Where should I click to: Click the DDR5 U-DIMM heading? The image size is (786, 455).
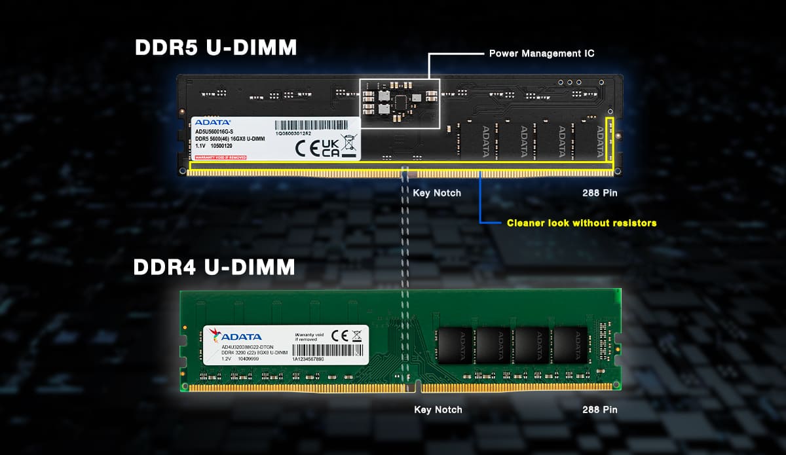point(215,48)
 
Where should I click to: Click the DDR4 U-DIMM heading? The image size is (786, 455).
point(214,267)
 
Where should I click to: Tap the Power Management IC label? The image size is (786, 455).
point(542,53)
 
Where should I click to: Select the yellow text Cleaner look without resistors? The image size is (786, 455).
point(581,223)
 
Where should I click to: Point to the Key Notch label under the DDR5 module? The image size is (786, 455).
point(436,193)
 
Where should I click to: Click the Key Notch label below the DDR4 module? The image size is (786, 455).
point(438,410)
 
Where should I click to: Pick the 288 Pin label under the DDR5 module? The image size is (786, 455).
point(599,193)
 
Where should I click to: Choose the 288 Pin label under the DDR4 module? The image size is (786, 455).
point(599,410)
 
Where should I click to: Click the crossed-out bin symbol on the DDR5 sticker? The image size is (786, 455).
point(348,143)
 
